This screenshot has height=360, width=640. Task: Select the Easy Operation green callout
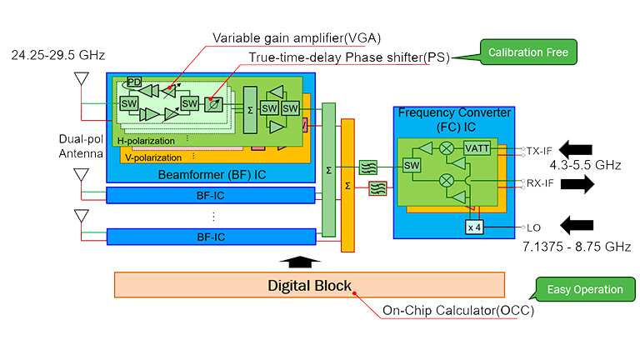coord(585,289)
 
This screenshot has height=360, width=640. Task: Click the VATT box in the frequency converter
coord(477,148)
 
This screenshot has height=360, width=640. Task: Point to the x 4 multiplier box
coord(474,227)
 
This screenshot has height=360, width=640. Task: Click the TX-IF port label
coord(541,151)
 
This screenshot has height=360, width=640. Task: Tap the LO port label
coord(534,227)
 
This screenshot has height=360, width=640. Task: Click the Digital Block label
coord(309,286)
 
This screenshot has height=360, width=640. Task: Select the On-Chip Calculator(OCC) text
coord(457,311)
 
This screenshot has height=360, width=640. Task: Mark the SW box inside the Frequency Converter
coord(411,165)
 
